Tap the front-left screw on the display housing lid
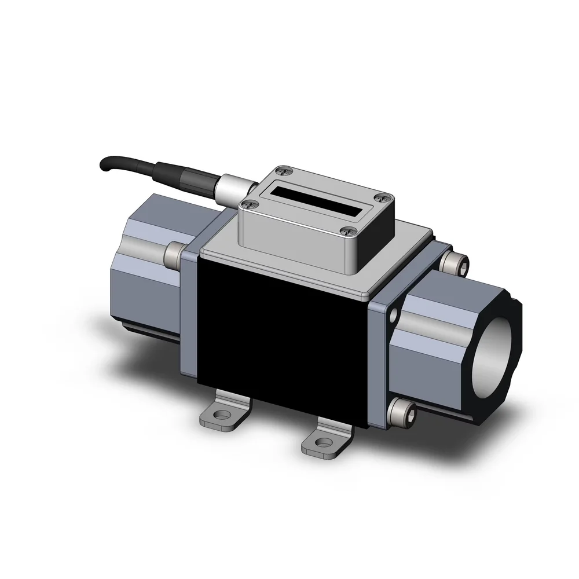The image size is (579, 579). (250, 203)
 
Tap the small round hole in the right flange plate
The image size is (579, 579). (394, 316)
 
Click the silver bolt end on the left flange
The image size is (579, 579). (173, 253)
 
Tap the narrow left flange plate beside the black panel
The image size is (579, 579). (189, 313)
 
